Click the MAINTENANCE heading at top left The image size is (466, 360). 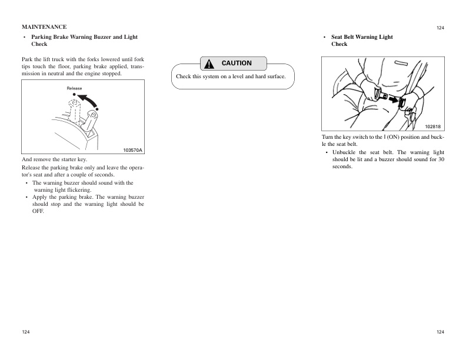pos(44,27)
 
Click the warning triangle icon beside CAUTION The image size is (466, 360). pos(209,64)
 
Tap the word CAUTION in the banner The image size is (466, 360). pos(237,64)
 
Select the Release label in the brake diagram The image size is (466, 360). pos(74,88)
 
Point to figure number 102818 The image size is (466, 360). pos(432,126)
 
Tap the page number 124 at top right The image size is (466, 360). pos(440,28)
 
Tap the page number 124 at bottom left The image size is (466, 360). pos(26,332)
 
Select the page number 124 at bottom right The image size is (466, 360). pos(440,332)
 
